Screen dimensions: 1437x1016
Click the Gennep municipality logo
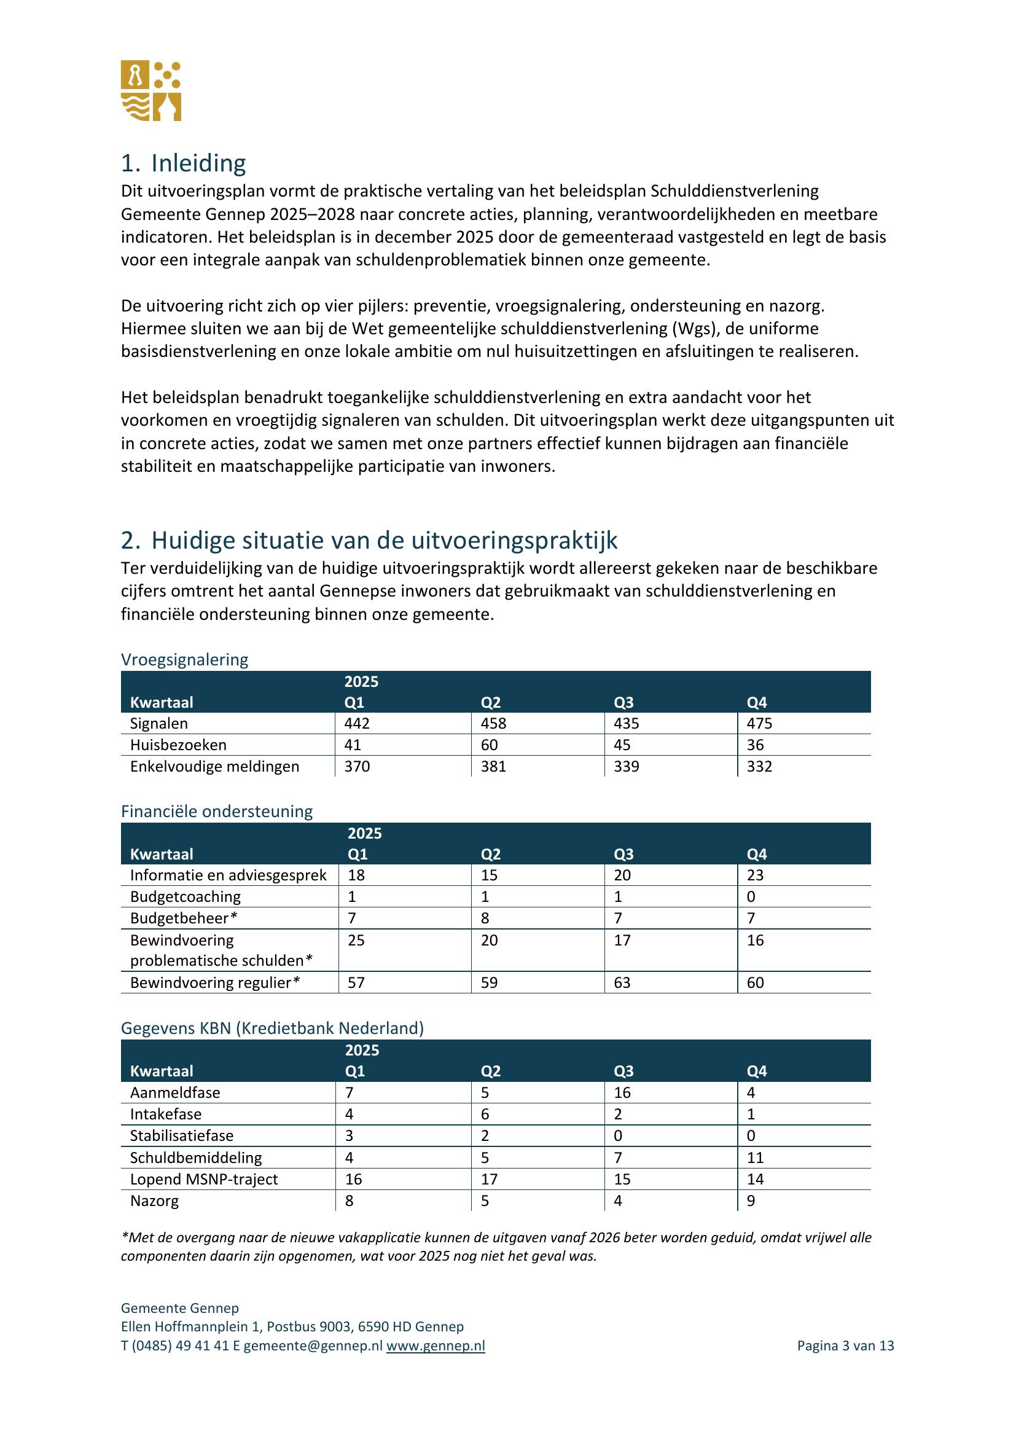click(150, 91)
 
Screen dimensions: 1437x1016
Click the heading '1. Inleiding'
click(183, 163)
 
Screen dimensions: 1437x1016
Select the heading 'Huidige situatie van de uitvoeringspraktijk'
click(383, 540)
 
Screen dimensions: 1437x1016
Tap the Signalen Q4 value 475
click(759, 724)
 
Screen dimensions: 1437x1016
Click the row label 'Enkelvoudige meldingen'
click(214, 767)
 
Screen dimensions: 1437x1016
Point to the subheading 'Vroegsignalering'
click(184, 660)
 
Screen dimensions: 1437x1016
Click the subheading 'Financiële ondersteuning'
click(216, 812)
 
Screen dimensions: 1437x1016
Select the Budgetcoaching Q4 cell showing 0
click(751, 897)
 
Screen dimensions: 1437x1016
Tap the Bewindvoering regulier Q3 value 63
click(622, 982)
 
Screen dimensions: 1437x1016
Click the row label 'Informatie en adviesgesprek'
click(229, 875)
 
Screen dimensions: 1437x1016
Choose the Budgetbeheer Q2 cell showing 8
click(485, 918)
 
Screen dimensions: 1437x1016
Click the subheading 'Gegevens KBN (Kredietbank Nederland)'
click(272, 1028)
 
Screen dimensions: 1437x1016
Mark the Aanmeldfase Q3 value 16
click(622, 1093)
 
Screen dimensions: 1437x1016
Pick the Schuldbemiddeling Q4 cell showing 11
click(755, 1158)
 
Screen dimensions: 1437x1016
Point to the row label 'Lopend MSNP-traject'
click(204, 1179)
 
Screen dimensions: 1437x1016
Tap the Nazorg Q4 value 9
click(751, 1201)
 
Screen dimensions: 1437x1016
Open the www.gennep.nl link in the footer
click(436, 1346)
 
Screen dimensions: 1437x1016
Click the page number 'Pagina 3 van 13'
click(845, 1346)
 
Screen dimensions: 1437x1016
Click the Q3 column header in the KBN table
click(623, 1071)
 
